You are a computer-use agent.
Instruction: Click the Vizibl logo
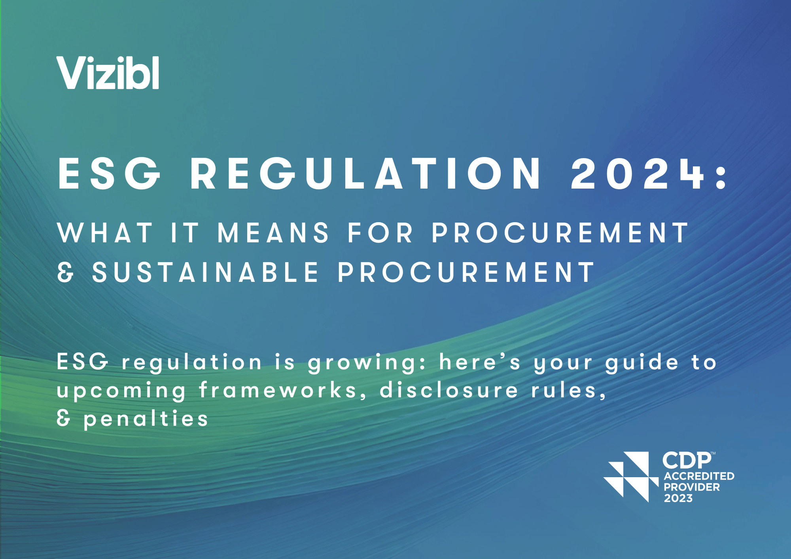[108, 73]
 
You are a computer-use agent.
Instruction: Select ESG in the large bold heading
[109, 173]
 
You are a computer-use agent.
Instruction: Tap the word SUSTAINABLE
[205, 272]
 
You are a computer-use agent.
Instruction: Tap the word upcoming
[121, 391]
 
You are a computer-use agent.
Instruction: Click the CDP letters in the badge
[687, 460]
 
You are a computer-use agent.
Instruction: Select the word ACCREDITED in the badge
[699, 476]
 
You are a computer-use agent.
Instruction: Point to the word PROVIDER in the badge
[692, 487]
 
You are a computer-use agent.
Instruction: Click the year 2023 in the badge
[678, 498]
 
